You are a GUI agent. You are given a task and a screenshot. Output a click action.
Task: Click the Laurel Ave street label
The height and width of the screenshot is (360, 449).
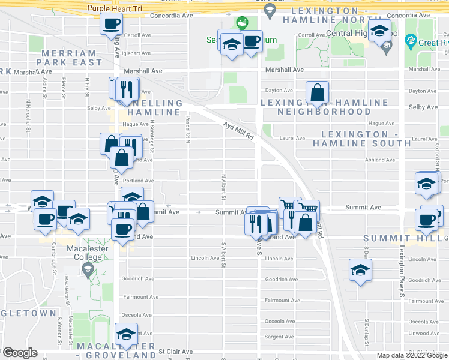pyautogui.click(x=292, y=138)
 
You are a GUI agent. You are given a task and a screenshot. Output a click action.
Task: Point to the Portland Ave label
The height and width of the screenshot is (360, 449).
pyautogui.click(x=139, y=181)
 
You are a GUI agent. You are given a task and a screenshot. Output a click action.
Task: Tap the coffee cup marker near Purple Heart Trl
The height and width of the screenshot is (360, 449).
pyautogui.click(x=112, y=25)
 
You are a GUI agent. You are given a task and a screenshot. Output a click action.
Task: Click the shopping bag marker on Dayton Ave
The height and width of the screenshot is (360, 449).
pyautogui.click(x=317, y=92)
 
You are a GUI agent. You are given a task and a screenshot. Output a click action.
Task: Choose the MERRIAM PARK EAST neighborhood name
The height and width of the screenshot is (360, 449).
pyautogui.click(x=72, y=58)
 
